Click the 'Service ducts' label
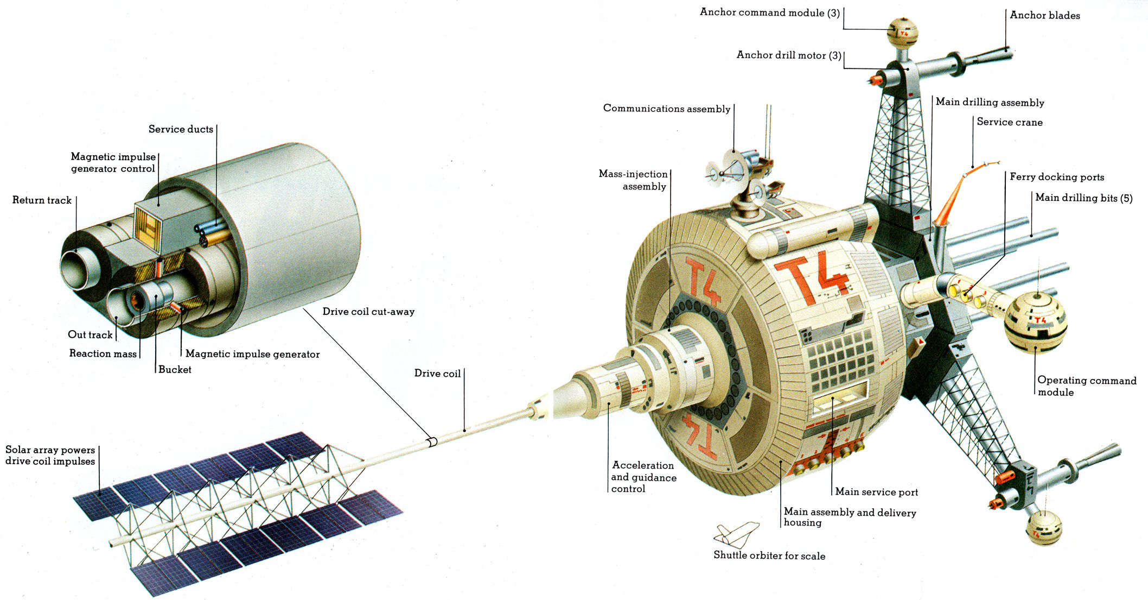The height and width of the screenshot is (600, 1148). point(181,129)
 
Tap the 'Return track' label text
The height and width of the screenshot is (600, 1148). point(42,200)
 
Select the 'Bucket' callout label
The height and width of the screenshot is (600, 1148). point(175,370)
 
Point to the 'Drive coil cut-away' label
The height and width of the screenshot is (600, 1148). point(368,312)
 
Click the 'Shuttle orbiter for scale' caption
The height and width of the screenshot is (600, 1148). point(769,555)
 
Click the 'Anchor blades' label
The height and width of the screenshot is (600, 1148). point(1045,16)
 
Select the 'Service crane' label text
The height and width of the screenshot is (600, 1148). point(1010,122)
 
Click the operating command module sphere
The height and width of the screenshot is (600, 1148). point(1035,322)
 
